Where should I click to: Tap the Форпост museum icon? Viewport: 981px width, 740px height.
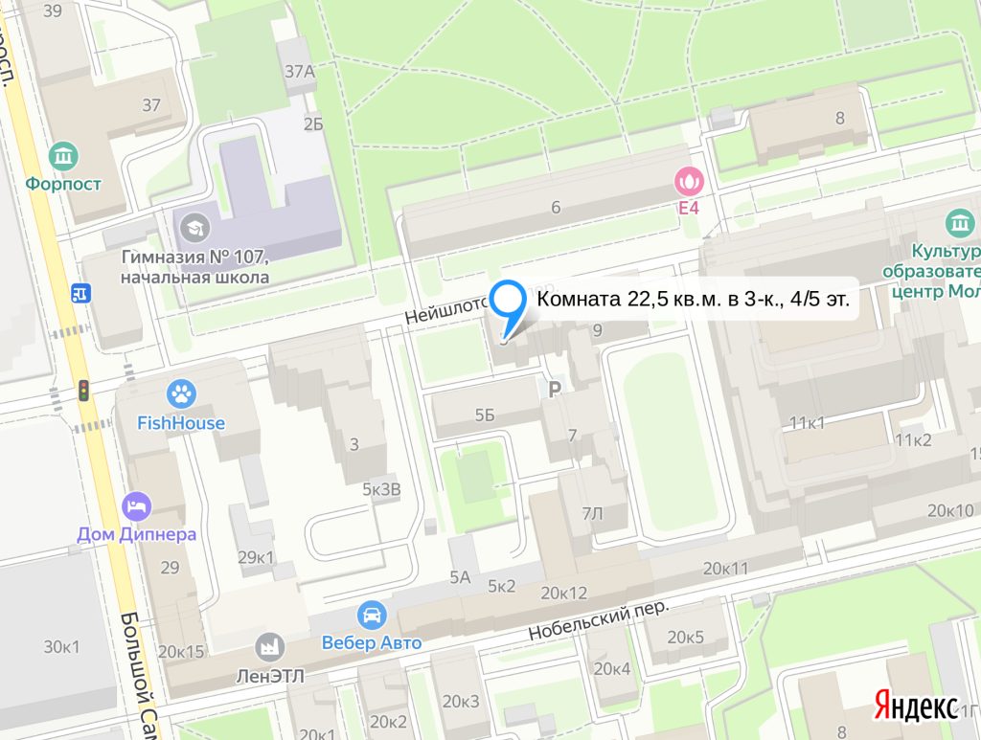pyautogui.click(x=64, y=154)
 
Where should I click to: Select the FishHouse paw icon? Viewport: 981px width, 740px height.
pyautogui.click(x=180, y=392)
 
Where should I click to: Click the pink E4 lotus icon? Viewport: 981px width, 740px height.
pyautogui.click(x=687, y=178)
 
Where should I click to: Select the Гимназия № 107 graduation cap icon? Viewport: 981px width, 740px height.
pyautogui.click(x=195, y=227)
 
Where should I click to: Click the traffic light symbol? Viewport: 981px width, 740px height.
pyautogui.click(x=83, y=391)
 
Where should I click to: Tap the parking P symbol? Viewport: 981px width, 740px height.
pyautogui.click(x=553, y=388)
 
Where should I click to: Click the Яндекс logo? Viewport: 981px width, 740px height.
pyautogui.click(x=914, y=706)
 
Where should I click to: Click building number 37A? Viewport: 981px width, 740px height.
pyautogui.click(x=299, y=71)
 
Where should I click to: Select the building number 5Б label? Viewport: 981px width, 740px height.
pyautogui.click(x=484, y=415)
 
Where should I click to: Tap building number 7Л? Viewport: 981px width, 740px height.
pyautogui.click(x=593, y=514)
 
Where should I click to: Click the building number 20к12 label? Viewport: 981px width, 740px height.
pyautogui.click(x=563, y=593)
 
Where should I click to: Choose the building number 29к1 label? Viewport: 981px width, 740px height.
pyautogui.click(x=256, y=557)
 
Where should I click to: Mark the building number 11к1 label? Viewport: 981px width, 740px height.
pyautogui.click(x=808, y=422)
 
